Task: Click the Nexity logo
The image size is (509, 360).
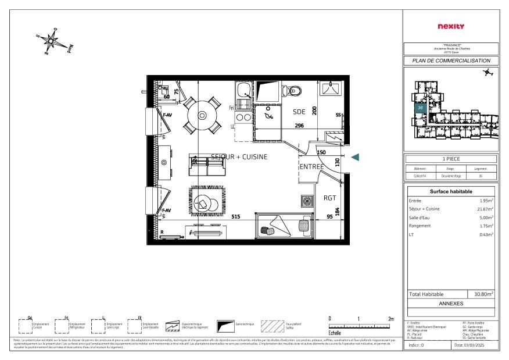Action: [x=450, y=26]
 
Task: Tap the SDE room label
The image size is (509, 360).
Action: [x=299, y=112]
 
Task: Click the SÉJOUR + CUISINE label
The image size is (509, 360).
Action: [x=239, y=157]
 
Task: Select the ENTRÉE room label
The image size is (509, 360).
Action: [x=311, y=167]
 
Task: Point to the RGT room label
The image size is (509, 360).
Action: [x=329, y=198]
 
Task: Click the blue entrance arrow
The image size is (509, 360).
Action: [x=356, y=157]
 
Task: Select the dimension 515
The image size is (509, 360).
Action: [x=236, y=216]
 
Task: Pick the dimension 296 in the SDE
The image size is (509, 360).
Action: [x=299, y=126]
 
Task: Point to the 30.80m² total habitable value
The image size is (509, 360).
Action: [x=483, y=294]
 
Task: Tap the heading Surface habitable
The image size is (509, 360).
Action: [x=451, y=191]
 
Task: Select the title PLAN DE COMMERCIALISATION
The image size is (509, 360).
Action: [x=451, y=60]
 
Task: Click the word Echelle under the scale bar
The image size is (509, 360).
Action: [x=335, y=333]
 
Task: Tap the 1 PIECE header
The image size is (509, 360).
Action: [x=451, y=159]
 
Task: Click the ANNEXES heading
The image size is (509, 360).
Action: [x=451, y=304]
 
